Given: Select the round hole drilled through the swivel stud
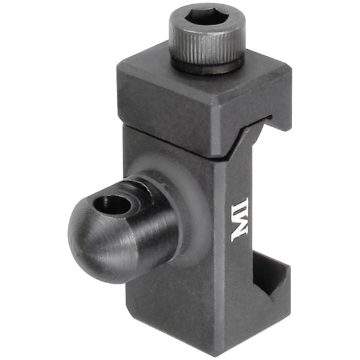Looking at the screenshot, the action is coord(113,205).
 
